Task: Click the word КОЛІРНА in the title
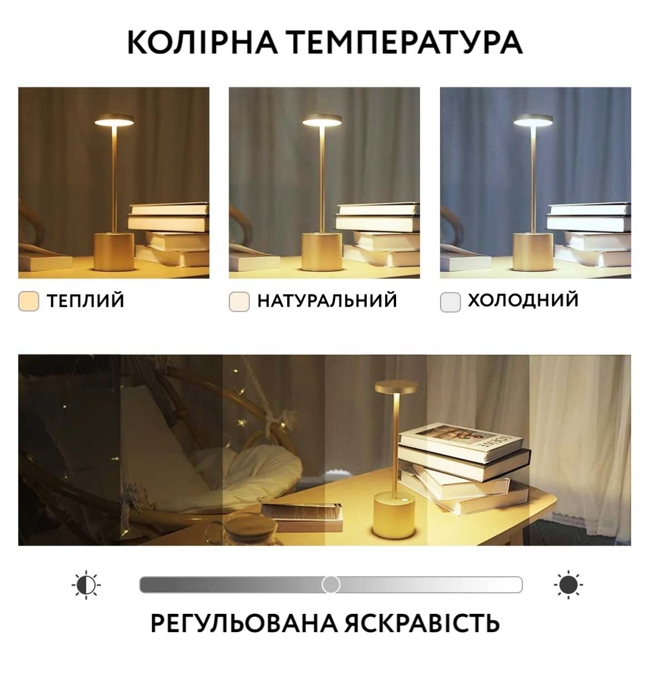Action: tap(202, 43)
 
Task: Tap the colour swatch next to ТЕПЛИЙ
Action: tap(28, 301)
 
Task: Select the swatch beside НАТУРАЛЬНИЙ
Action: tap(239, 302)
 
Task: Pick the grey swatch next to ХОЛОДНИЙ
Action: tap(450, 302)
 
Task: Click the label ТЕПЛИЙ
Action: tap(86, 301)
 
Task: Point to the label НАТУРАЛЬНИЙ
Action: tap(327, 301)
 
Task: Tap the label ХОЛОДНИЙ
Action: tap(523, 300)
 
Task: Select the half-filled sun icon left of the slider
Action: tap(86, 584)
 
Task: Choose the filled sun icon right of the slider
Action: tap(568, 584)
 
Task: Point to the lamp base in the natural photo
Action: tap(322, 252)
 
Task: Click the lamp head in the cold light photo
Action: tap(533, 119)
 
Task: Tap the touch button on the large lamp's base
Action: tap(405, 501)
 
